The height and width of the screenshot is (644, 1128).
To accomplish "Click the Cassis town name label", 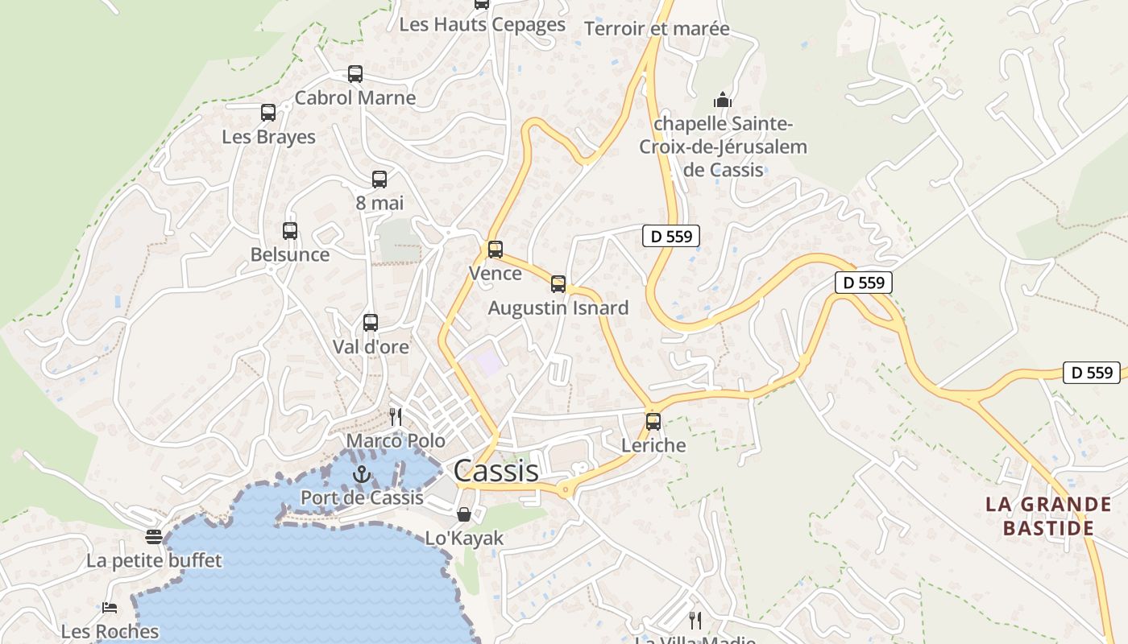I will [x=496, y=471].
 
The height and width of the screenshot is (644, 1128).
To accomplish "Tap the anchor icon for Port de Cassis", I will [x=362, y=475].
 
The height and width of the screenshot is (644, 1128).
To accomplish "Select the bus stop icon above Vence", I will [x=496, y=250].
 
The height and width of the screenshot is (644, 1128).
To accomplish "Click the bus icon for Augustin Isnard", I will [x=558, y=283].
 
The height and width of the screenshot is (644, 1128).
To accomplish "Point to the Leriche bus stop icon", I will [x=653, y=421].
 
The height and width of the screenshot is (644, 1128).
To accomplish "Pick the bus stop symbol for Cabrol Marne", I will [x=355, y=74].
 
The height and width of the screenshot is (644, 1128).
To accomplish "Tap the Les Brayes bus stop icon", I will [x=268, y=113].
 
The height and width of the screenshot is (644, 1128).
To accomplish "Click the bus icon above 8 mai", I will [x=379, y=180].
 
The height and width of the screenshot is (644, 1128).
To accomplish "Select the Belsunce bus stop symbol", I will [x=290, y=231].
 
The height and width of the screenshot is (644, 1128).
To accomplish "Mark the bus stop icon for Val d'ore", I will [x=371, y=323].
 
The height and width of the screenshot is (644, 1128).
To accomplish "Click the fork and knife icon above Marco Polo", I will [x=396, y=416].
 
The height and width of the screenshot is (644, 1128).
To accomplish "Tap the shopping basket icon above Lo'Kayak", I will [x=464, y=514].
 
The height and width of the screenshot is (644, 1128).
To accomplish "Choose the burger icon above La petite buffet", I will [x=154, y=536].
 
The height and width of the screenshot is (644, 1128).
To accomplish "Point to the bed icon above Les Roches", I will [x=110, y=608].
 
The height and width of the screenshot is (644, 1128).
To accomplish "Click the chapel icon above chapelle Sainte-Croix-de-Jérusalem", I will [x=723, y=101].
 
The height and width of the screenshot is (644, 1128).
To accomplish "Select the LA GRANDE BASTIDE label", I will [x=1048, y=516].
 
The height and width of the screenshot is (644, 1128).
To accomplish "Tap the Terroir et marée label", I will [x=657, y=29].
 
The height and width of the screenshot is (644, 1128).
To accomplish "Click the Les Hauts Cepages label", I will [x=483, y=24].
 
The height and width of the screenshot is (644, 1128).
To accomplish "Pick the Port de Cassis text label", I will [x=362, y=497].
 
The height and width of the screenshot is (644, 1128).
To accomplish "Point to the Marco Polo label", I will [x=396, y=441].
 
